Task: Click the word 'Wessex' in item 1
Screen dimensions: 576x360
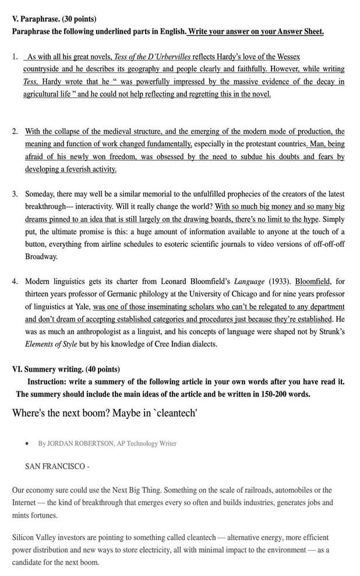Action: coord(287,56)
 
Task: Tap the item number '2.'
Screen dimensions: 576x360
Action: coord(15,131)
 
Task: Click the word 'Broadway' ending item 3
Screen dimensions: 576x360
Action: coord(41,257)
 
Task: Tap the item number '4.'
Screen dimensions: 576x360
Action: coord(15,281)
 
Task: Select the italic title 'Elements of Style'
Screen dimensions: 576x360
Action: coord(51,344)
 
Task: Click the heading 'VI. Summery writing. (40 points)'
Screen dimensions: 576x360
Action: coord(66,369)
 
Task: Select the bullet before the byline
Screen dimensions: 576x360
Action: coord(28,444)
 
